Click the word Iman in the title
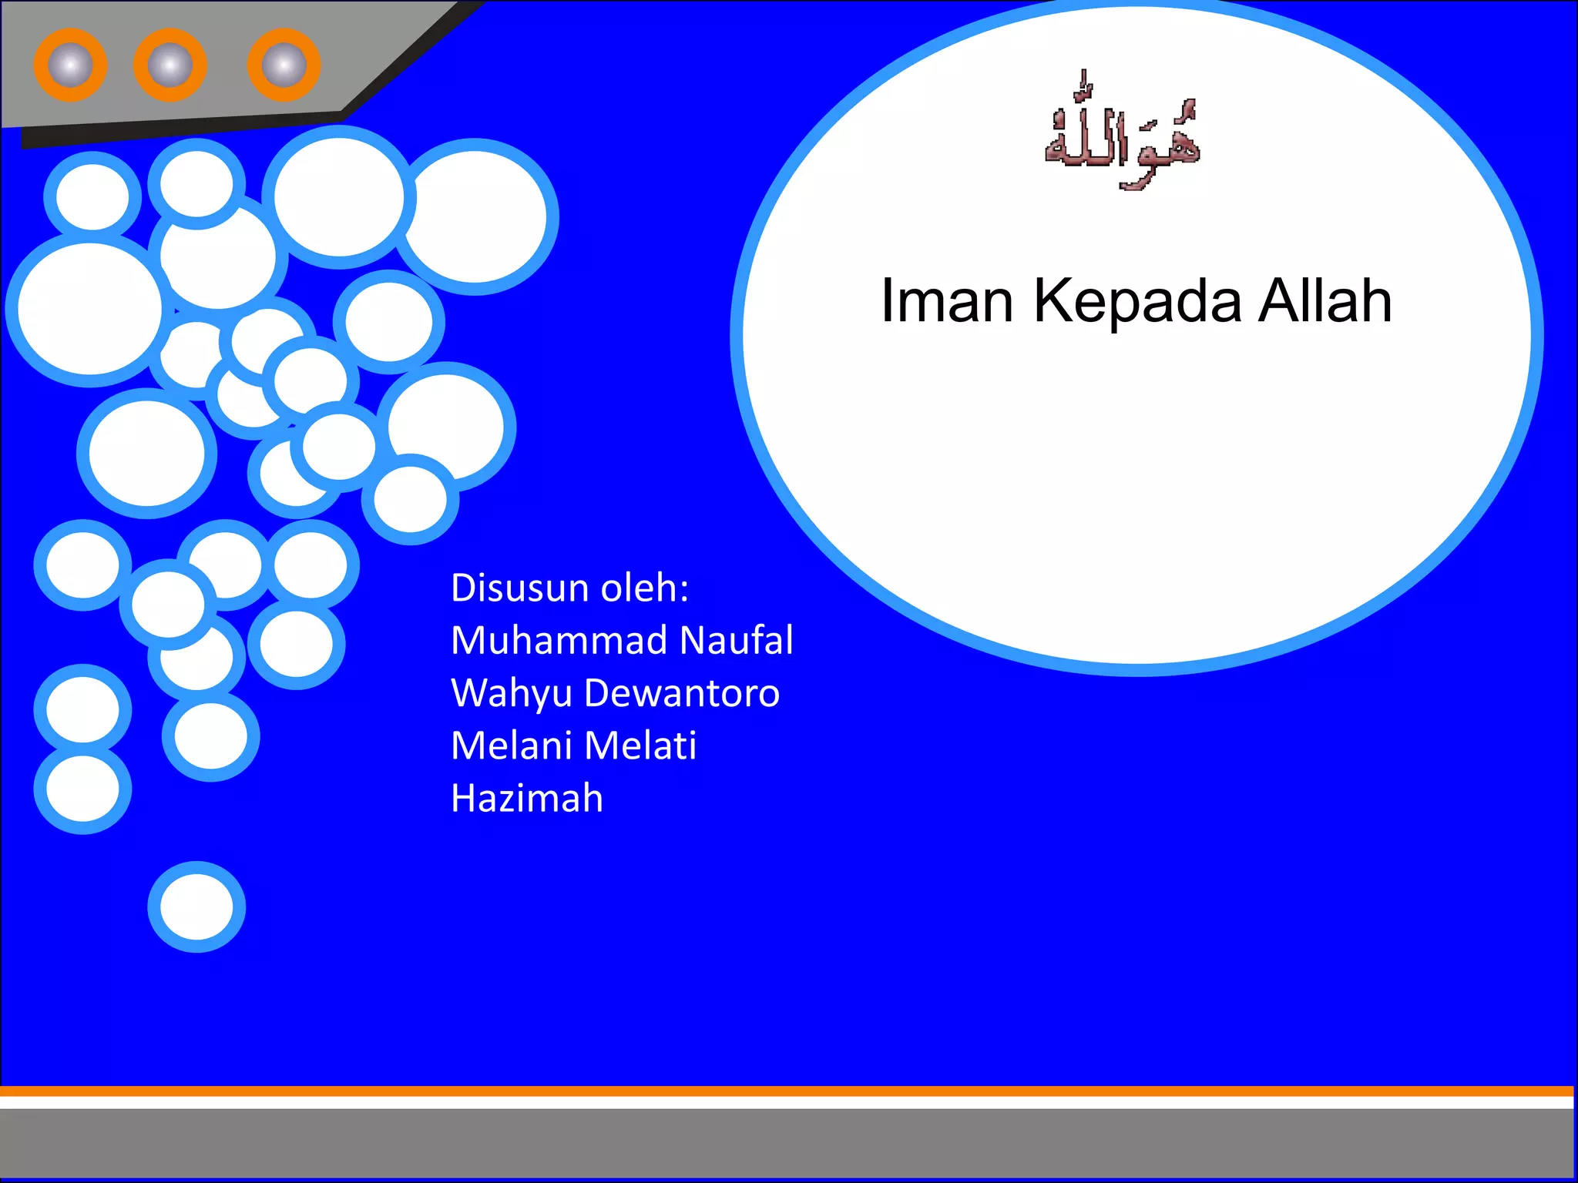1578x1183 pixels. tap(946, 300)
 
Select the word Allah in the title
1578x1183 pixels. tap(1325, 300)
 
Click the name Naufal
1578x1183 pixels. tap(737, 640)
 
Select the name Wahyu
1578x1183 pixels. tap(512, 693)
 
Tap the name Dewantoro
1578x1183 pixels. tap(682, 692)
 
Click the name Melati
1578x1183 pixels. tap(640, 745)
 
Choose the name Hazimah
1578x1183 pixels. tap(527, 798)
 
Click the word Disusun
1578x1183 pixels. tap(520, 588)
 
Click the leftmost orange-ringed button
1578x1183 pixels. tap(70, 65)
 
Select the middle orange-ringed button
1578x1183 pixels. tap(170, 65)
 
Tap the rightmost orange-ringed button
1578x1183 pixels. tap(284, 65)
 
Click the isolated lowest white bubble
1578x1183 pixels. tap(196, 907)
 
